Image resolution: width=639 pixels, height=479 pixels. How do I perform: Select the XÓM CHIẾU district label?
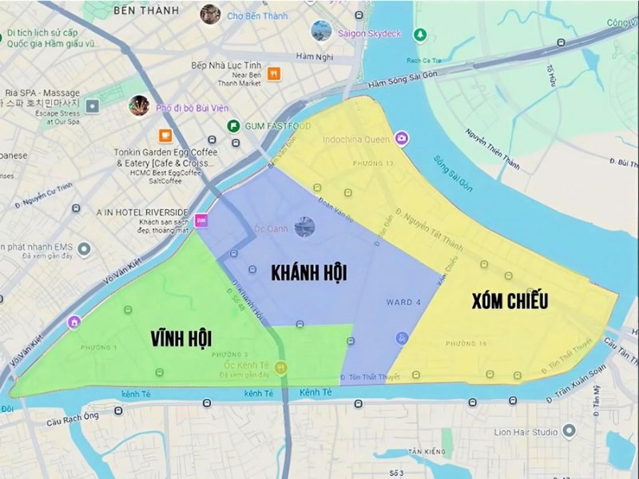tap(510, 300)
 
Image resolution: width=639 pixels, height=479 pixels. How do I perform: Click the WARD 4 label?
tap(405, 302)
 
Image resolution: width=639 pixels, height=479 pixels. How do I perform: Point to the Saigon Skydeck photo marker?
tap(321, 31)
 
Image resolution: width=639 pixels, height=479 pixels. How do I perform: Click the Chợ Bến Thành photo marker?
tap(210, 14)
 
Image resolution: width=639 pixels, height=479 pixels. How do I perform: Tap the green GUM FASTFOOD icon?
tap(233, 126)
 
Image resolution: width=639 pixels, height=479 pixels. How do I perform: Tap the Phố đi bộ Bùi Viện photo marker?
tap(140, 105)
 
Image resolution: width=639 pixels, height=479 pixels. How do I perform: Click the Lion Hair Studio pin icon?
tap(569, 432)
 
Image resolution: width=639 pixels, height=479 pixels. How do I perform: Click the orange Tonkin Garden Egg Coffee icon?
tap(165, 135)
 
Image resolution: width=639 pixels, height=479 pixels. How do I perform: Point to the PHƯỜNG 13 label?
tap(357, 163)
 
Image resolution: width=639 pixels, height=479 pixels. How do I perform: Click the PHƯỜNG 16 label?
tap(466, 342)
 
